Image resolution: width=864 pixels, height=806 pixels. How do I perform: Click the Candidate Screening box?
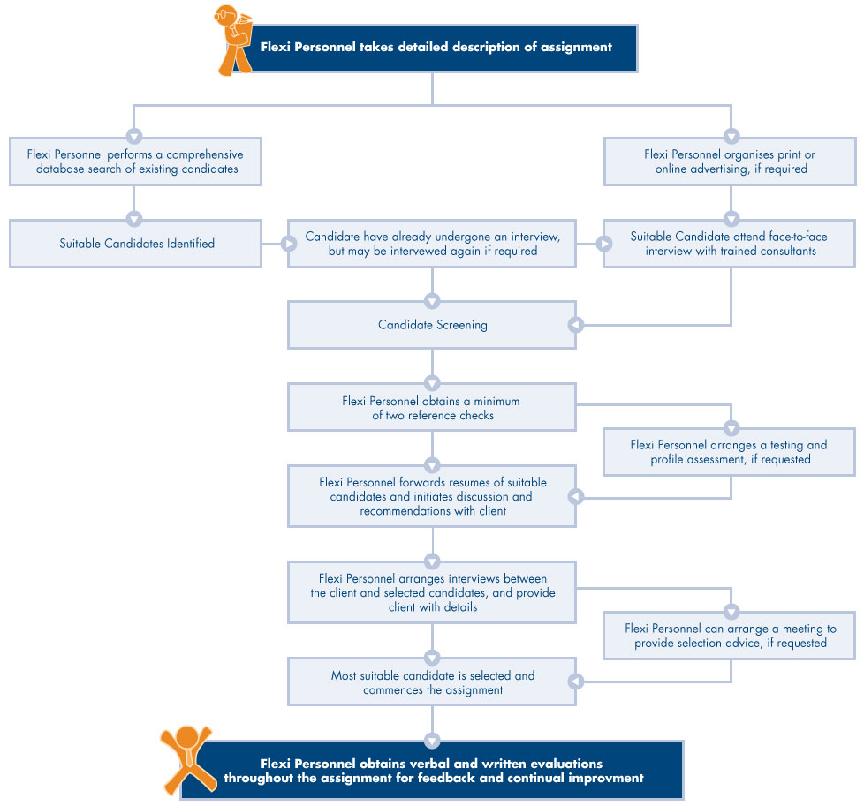coord(432,325)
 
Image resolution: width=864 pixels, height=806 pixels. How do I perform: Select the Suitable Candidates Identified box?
coord(136,243)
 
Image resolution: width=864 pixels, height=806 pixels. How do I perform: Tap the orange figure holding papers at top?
coord(232,40)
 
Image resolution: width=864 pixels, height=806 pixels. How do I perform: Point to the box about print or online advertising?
coord(730,162)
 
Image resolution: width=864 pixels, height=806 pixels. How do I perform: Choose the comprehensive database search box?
coord(136,162)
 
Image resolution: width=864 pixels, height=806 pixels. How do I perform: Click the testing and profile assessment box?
coord(730,451)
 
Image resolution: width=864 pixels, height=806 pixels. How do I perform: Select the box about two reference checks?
coord(432,407)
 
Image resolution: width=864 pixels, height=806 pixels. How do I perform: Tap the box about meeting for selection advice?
coord(730,636)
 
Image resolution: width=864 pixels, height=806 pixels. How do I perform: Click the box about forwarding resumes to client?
coord(432,496)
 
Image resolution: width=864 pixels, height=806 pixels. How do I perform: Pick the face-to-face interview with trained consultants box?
coord(730,243)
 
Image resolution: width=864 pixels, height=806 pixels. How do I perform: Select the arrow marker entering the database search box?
coord(133,136)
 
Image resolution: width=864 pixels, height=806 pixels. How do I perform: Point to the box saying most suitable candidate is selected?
coord(432,682)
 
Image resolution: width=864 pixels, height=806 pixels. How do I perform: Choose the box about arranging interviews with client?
coord(432,592)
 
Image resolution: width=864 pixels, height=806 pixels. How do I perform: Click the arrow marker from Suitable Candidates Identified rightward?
coord(289,244)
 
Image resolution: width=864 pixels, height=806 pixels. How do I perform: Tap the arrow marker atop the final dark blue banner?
coord(432,740)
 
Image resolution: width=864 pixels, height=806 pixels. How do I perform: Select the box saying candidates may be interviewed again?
coord(432,243)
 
